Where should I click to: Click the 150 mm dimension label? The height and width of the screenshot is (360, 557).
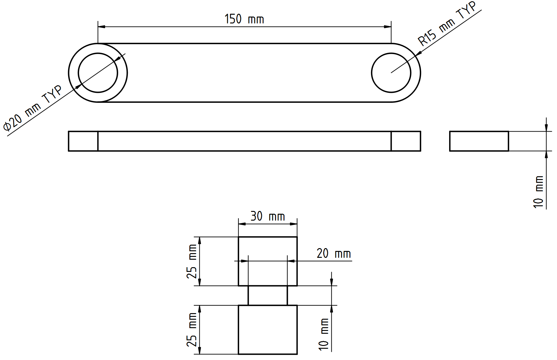tap(244, 19)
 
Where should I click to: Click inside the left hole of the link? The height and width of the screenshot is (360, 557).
tap(98, 73)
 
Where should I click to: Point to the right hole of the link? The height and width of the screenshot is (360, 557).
tap(391, 73)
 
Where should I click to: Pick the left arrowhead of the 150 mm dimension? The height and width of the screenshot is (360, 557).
tap(102, 27)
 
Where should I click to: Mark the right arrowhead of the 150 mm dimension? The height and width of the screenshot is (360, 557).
tap(388, 27)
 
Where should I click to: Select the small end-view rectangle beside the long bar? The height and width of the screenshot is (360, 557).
tap(479, 141)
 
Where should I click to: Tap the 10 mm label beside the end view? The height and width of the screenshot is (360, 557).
tap(539, 192)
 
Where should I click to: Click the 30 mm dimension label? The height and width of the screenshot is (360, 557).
tap(268, 216)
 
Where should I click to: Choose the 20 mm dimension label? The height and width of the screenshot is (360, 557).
tap(334, 253)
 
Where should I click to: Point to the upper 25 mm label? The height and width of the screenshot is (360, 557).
tap(192, 261)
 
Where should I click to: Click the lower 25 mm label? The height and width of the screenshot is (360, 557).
tap(192, 330)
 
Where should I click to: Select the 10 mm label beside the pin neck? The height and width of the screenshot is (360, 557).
tap(324, 334)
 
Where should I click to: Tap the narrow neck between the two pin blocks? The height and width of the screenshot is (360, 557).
tap(268, 295)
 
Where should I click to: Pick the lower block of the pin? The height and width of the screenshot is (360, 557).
tap(268, 330)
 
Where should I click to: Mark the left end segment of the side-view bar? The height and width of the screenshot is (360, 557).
tap(83, 141)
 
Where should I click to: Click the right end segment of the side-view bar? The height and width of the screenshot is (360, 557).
tap(406, 141)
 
